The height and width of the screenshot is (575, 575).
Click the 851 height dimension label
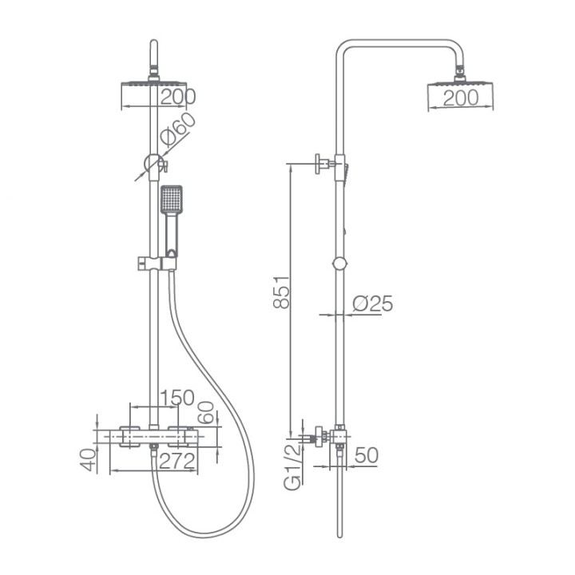282,292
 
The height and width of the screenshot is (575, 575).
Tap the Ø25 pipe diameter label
373,303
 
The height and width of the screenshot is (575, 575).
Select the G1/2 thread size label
292,466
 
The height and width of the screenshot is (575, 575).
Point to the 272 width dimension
176,461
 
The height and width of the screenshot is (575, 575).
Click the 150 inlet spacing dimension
177,398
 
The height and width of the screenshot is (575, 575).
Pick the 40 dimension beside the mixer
88,460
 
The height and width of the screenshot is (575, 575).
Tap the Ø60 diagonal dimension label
178,129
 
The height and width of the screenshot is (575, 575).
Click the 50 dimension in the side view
367,455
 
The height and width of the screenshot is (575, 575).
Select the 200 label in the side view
461,98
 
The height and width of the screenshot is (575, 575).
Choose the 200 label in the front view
178,97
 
